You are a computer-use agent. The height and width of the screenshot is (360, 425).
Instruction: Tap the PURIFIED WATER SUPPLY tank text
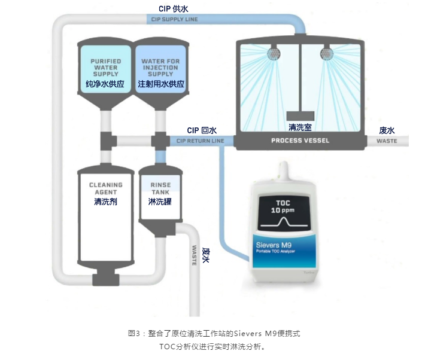point(105,68)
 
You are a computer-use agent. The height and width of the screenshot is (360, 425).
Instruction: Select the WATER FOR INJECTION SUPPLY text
point(161,68)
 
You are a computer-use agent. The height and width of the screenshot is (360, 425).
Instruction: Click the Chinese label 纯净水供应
point(105,84)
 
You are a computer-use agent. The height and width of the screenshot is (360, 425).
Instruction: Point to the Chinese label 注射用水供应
point(161,84)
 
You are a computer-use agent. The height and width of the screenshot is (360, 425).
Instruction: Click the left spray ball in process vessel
point(274,53)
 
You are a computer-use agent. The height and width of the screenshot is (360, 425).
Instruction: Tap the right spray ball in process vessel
point(327,53)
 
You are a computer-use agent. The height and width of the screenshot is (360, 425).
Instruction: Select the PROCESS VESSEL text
point(300,141)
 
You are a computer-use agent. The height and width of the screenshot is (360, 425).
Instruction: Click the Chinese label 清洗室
point(300,127)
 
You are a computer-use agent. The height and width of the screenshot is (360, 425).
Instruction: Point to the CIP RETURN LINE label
point(200,141)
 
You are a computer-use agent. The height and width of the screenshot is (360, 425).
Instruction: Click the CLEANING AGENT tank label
point(105,188)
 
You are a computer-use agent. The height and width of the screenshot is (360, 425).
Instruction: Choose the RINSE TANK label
point(160,188)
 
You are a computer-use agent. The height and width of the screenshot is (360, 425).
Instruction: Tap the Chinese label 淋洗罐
point(160,202)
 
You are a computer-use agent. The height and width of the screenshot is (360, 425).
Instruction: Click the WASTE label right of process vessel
point(387,141)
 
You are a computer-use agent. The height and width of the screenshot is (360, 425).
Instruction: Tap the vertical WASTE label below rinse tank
point(194,255)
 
